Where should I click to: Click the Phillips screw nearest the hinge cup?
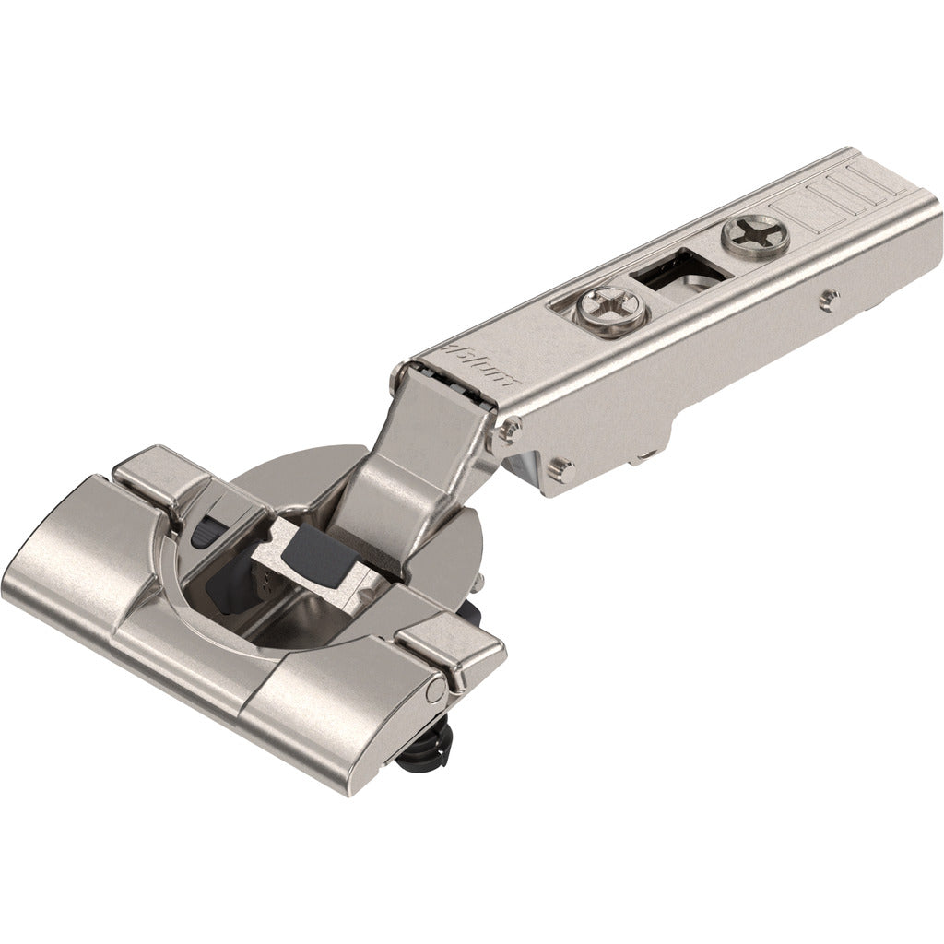(x=605, y=303)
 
